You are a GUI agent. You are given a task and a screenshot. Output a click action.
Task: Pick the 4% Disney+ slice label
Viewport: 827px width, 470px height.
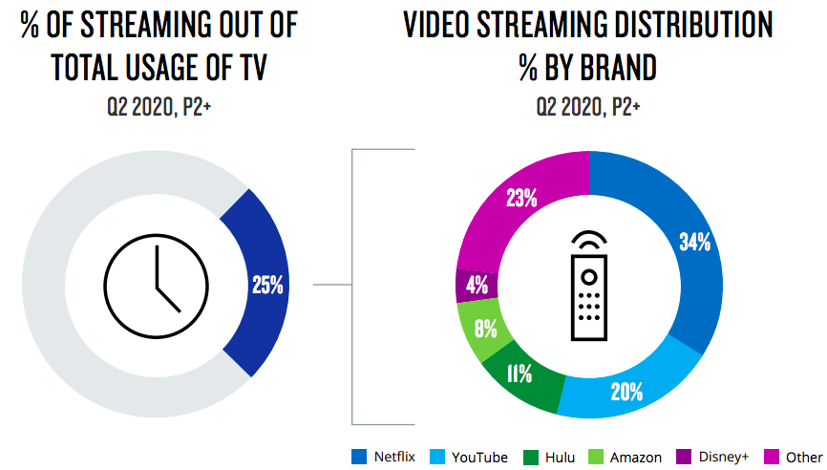point(477,285)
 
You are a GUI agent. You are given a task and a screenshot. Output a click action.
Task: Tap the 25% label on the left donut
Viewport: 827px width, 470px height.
point(266,284)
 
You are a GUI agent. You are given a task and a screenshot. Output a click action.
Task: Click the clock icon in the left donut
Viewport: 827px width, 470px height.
point(156,284)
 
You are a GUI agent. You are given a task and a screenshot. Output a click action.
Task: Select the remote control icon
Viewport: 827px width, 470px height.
point(590,285)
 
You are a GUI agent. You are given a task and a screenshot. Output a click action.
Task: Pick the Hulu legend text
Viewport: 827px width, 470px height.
point(560,458)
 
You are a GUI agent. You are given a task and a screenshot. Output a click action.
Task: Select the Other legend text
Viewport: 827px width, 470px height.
point(805,458)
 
